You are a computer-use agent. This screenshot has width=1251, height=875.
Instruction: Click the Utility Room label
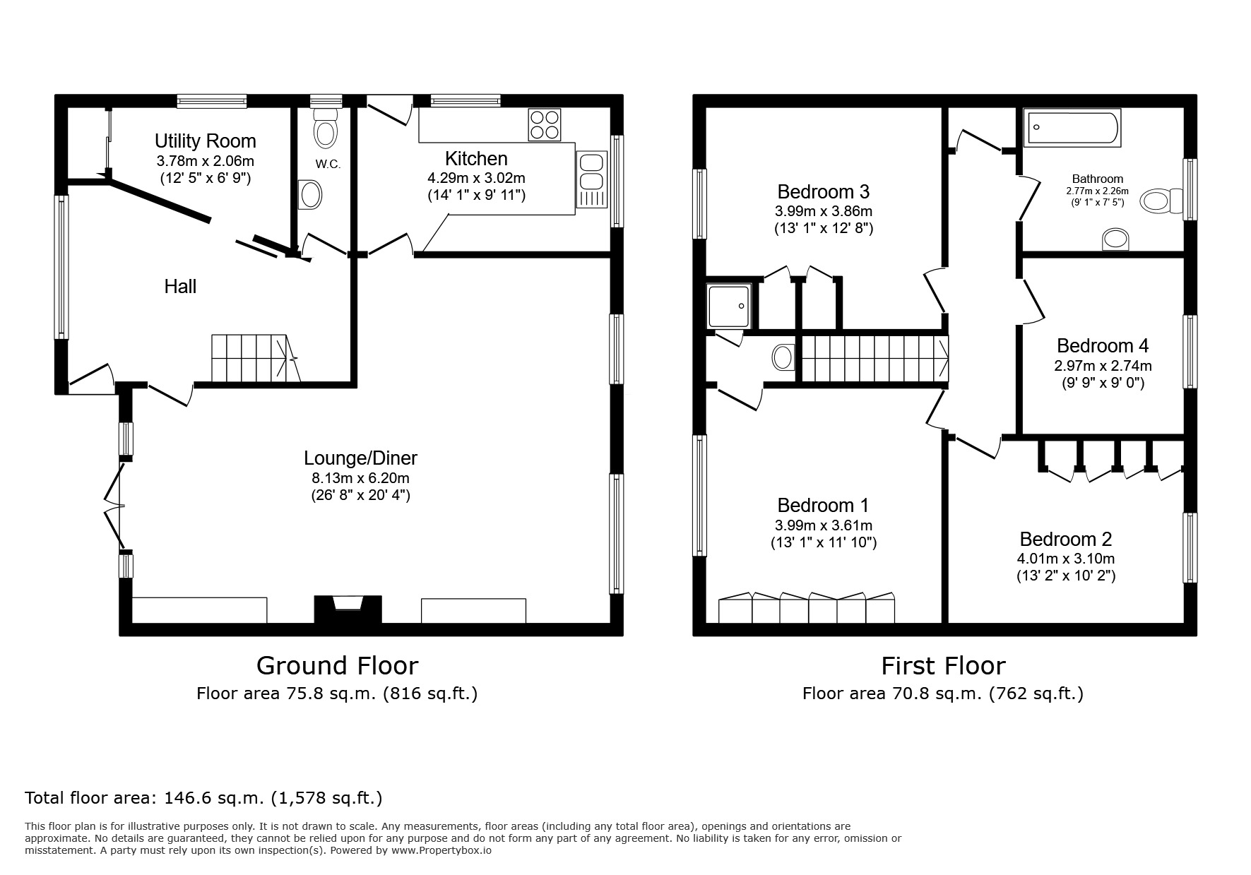pyautogui.click(x=205, y=141)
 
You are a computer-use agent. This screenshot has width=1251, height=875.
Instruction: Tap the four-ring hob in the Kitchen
pyautogui.click(x=544, y=125)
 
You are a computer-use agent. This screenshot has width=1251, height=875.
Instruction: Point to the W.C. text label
pyautogui.click(x=328, y=165)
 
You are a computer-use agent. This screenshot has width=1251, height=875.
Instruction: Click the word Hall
pyautogui.click(x=180, y=287)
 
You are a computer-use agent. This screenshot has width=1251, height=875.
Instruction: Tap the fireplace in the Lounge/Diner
pyautogui.click(x=348, y=609)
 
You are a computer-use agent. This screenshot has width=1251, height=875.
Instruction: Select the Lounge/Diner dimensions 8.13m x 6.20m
pyautogui.click(x=360, y=478)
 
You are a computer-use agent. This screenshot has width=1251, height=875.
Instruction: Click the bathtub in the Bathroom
pyautogui.click(x=1072, y=128)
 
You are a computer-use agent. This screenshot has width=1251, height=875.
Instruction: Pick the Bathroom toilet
pyautogui.click(x=1161, y=201)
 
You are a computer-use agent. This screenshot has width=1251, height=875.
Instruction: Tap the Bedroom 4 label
pyautogui.click(x=1102, y=346)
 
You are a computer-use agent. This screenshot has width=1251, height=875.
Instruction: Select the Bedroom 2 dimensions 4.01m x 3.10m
pyautogui.click(x=1065, y=559)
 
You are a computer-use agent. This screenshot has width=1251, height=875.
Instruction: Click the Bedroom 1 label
pyautogui.click(x=823, y=506)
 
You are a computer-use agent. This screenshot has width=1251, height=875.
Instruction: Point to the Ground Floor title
pyautogui.click(x=337, y=666)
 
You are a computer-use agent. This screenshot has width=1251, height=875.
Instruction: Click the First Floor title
pyautogui.click(x=942, y=666)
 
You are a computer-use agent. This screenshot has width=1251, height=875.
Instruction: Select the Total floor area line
pyautogui.click(x=203, y=799)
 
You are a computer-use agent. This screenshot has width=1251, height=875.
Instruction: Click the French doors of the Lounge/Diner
pyautogui.click(x=113, y=504)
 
